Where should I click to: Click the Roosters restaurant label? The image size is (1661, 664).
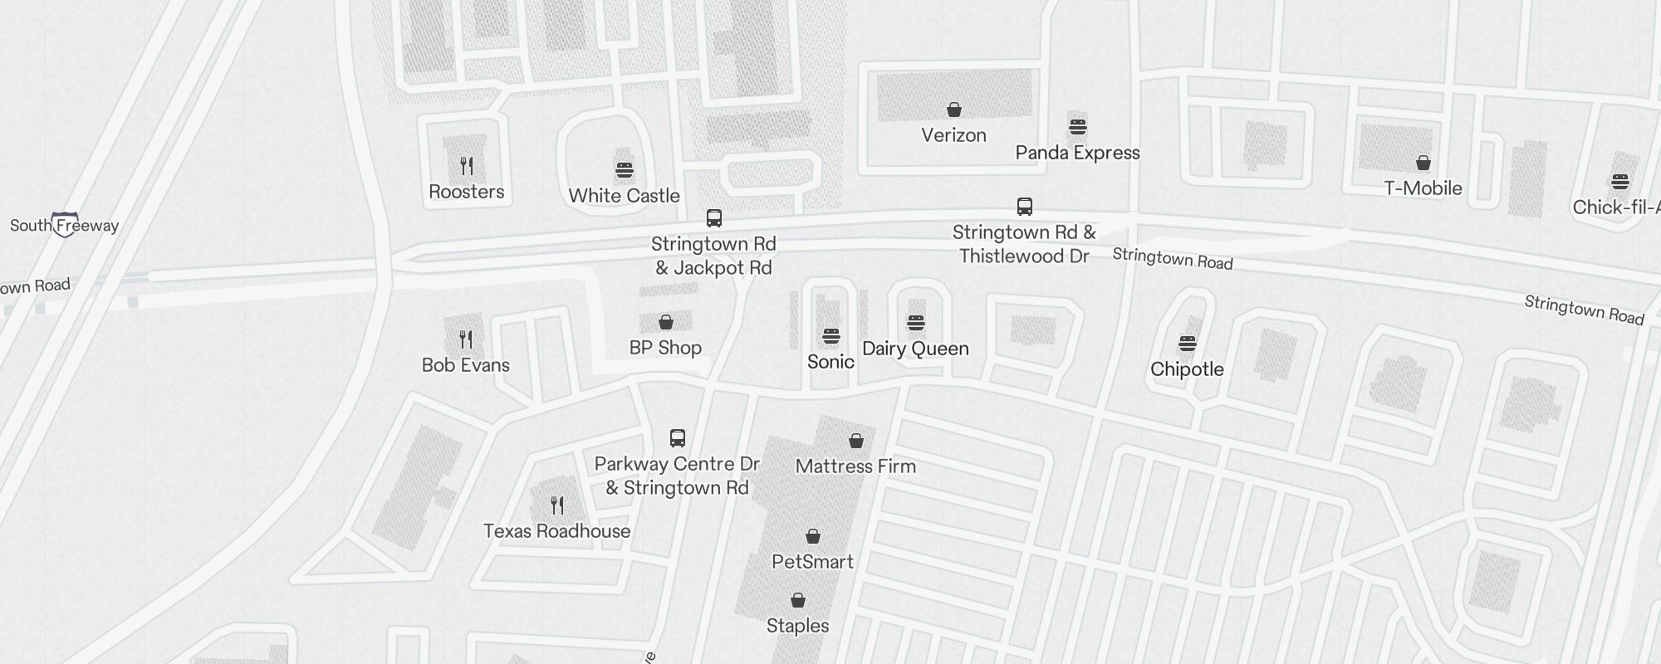pos(466,192)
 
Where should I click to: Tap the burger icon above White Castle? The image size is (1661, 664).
pos(625,170)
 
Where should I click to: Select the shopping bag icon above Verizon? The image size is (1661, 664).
pos(954,110)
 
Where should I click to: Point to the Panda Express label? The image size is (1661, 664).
pos(1077,153)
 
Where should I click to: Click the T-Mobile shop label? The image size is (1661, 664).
pos(1423,188)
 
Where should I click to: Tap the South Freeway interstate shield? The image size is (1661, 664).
pos(65,224)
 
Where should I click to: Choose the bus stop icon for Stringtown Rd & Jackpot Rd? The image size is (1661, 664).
pos(713,218)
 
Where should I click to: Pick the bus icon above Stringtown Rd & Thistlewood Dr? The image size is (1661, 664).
pos(1025,207)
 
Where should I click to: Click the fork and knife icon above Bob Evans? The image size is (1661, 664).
pos(466,339)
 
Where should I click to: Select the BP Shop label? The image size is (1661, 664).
pos(665,348)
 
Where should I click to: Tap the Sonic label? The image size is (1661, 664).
pos(830,362)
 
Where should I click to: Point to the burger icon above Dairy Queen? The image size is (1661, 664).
pos(916,323)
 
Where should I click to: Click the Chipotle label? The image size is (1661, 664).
pos(1187,369)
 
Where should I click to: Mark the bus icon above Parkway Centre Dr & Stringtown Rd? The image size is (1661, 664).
pos(678,438)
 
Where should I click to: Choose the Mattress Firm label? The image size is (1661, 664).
pos(855,466)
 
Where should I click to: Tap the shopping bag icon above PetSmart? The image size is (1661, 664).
pos(813,537)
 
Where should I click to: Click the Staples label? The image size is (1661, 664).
pos(797,626)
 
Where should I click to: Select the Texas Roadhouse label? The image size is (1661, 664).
pos(556,531)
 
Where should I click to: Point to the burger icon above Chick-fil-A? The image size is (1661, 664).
pos(1620,182)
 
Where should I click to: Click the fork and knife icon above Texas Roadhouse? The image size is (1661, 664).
pos(557,505)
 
